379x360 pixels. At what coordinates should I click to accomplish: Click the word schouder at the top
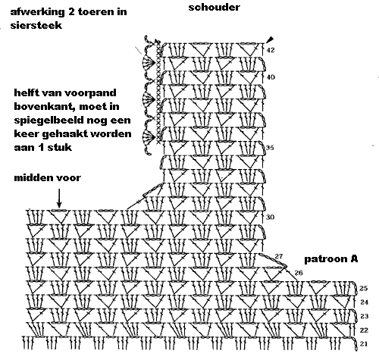click(x=214, y=7)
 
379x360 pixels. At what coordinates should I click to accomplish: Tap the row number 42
click(x=271, y=50)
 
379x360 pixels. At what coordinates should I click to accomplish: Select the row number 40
click(x=271, y=77)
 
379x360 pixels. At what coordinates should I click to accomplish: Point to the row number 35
click(x=270, y=147)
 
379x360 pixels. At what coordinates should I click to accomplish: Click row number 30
click(x=270, y=217)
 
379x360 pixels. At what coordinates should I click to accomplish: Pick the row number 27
click(x=278, y=256)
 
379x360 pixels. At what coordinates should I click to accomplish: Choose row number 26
click(x=299, y=273)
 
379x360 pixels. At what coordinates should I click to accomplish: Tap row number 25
click(x=363, y=288)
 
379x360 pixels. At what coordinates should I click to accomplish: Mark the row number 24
click(x=364, y=302)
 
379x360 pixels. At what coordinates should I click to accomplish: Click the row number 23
click(x=364, y=316)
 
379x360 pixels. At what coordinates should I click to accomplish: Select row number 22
click(x=364, y=330)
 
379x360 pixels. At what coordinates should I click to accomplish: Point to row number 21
click(x=364, y=344)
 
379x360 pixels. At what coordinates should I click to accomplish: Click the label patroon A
click(x=331, y=259)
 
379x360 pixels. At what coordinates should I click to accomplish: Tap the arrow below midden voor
click(x=59, y=199)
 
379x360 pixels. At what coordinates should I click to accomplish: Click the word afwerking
click(x=38, y=12)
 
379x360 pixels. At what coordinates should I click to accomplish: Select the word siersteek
click(x=36, y=25)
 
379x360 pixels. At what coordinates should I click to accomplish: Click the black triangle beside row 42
click(x=270, y=39)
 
